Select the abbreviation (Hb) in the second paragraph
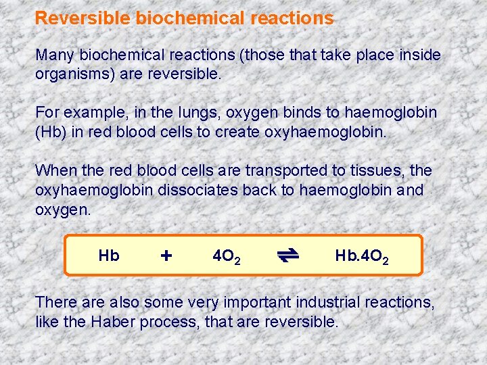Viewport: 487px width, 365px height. pos(51,131)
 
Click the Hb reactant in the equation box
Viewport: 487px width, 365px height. pos(108,255)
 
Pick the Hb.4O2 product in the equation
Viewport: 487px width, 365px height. pos(361,256)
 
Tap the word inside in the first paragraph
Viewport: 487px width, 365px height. pos(418,54)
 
